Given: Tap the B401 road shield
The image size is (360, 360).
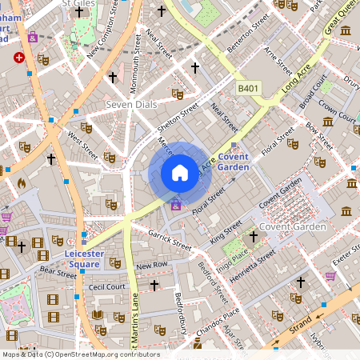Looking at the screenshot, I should click(x=248, y=89).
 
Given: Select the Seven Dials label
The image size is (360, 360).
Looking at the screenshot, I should click(x=130, y=106).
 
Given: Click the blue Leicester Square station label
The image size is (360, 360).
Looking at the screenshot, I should click(x=83, y=258).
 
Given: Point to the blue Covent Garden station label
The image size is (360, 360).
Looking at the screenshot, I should click(x=234, y=162).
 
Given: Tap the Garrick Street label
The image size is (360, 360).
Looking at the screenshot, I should click(x=170, y=238).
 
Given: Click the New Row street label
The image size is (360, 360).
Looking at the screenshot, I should click(x=151, y=265).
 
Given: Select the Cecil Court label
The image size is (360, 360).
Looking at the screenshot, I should click(x=107, y=286).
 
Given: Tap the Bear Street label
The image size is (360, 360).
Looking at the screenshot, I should click(x=57, y=272).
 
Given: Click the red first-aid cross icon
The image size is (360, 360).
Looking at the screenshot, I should click(x=19, y=58).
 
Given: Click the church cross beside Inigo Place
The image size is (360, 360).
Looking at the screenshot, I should click(x=254, y=237).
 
